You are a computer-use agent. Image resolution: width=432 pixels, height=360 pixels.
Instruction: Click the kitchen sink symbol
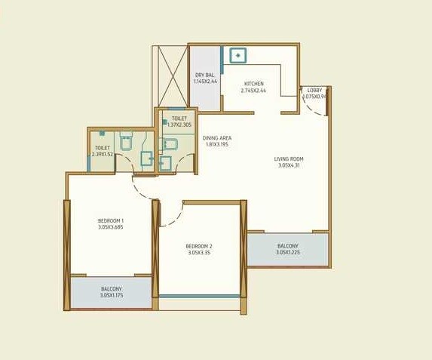click(x=238, y=55)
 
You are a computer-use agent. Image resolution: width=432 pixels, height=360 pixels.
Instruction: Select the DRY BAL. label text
click(x=204, y=75)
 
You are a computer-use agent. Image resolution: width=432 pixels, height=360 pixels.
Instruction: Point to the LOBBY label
click(x=313, y=90)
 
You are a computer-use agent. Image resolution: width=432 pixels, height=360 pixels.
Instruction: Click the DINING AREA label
click(x=216, y=137)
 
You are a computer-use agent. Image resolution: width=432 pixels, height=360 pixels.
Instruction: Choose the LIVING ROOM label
click(x=288, y=158)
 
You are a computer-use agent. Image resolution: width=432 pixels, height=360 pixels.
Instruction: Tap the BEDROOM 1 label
click(x=110, y=219)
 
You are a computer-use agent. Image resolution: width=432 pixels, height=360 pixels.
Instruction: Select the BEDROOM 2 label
click(x=199, y=246)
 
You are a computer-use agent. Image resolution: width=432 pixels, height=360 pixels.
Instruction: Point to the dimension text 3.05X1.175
click(x=111, y=296)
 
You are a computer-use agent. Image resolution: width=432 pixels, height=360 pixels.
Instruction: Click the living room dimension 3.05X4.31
click(x=288, y=166)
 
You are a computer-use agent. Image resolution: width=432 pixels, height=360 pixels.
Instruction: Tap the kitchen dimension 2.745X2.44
click(x=253, y=91)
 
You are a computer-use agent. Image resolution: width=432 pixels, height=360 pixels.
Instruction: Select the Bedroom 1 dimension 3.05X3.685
click(x=111, y=226)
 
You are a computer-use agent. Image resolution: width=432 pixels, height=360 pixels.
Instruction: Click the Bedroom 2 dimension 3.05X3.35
click(x=199, y=254)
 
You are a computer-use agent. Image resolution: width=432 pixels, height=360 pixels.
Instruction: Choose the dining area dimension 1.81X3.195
click(x=216, y=145)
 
